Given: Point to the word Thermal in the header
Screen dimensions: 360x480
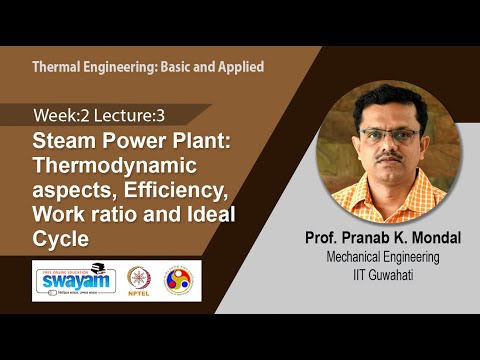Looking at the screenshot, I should click(x=59, y=69).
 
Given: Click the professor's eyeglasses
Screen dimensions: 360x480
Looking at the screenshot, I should click(x=388, y=135).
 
